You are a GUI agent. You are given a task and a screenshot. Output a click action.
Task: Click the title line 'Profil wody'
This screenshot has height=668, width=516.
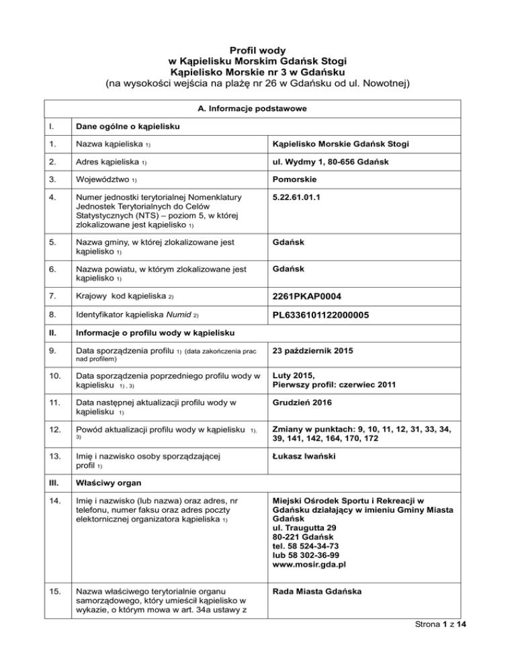click(258, 50)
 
